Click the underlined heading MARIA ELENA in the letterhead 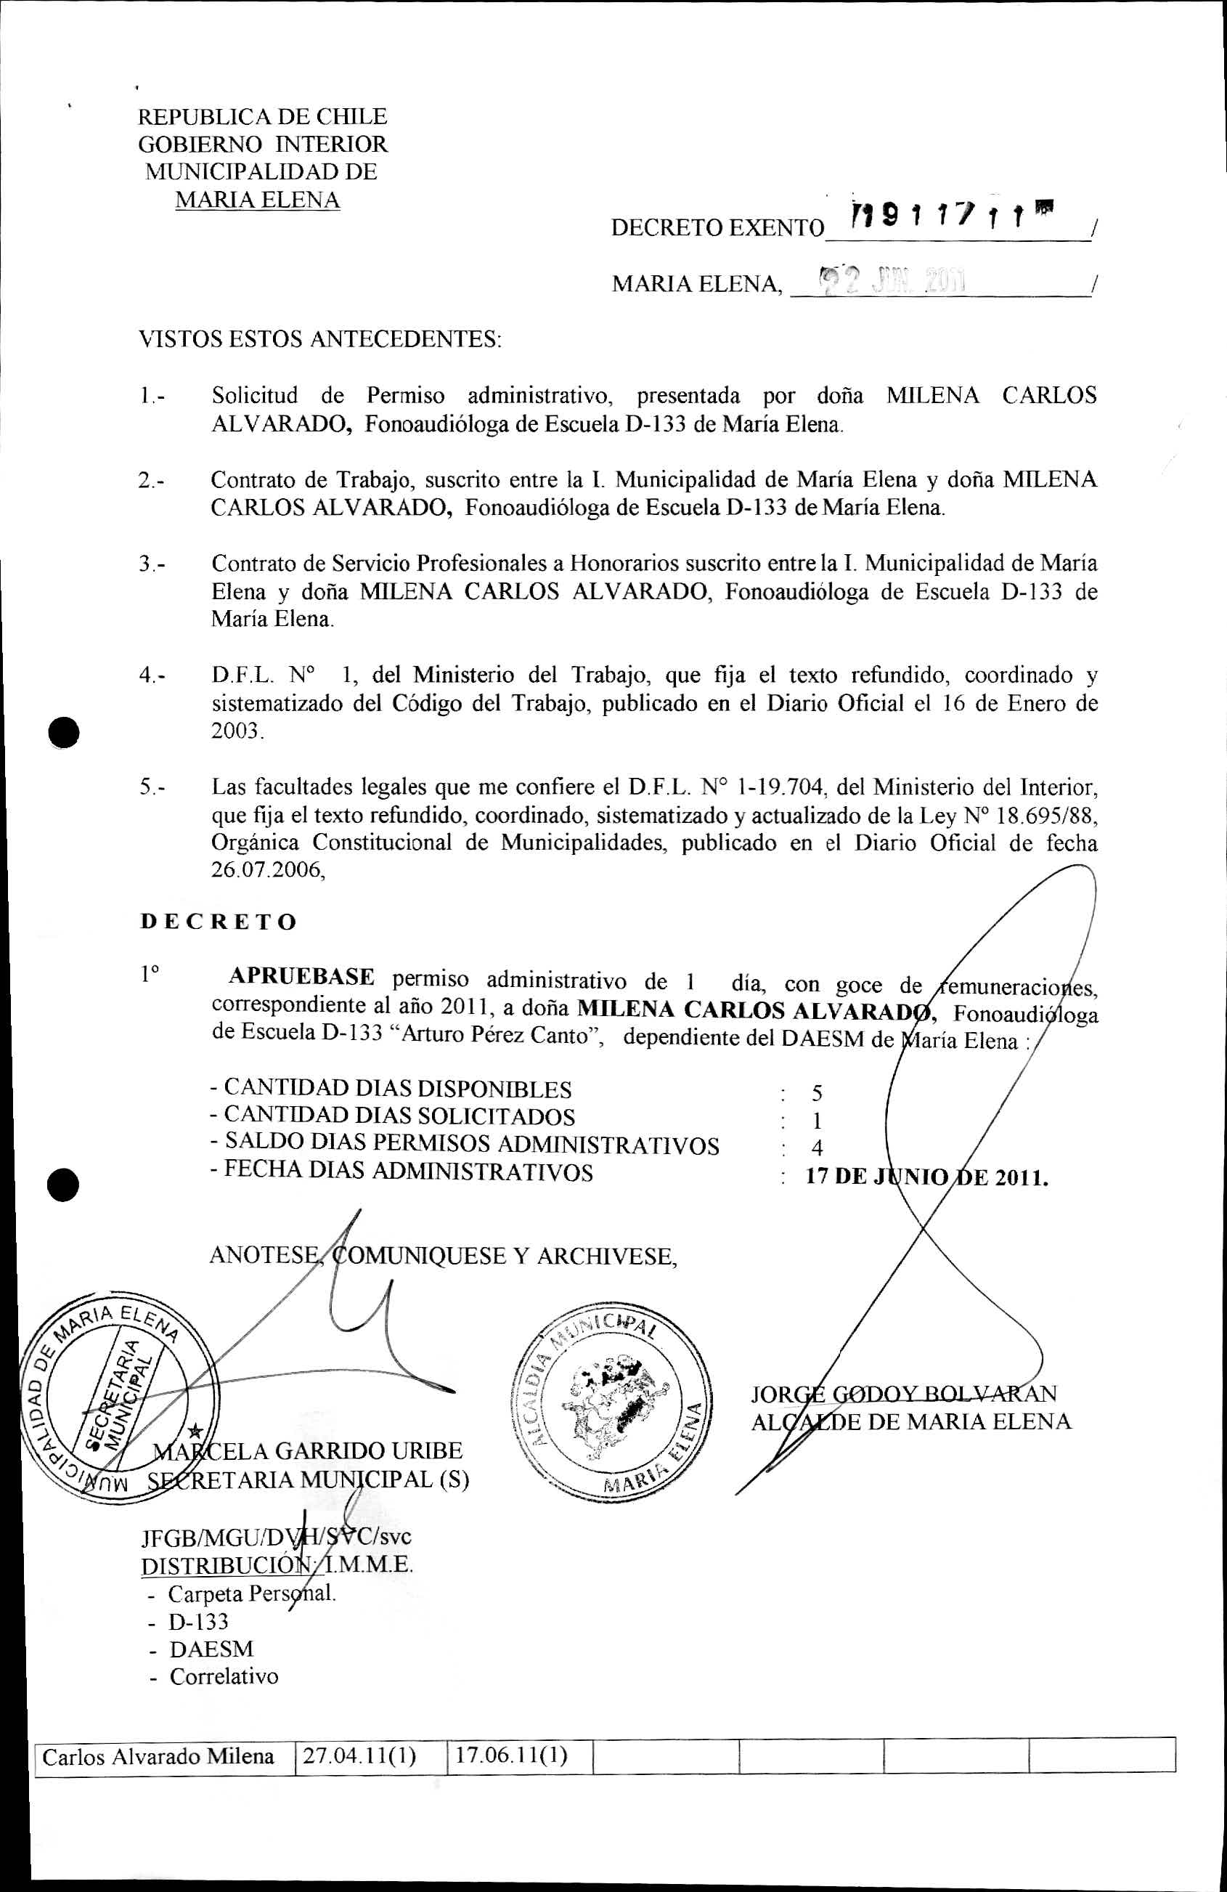click(257, 200)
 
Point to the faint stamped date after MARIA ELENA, click(890, 280)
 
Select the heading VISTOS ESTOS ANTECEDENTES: click(320, 339)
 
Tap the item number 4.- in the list click(152, 675)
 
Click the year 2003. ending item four click(237, 731)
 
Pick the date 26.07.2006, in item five click(268, 869)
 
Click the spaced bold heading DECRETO click(219, 922)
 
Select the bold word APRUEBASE click(301, 976)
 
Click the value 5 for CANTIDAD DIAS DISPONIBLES click(817, 1094)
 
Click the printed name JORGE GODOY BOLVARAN click(904, 1394)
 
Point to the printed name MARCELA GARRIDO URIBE click(308, 1451)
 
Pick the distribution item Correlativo click(224, 1676)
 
